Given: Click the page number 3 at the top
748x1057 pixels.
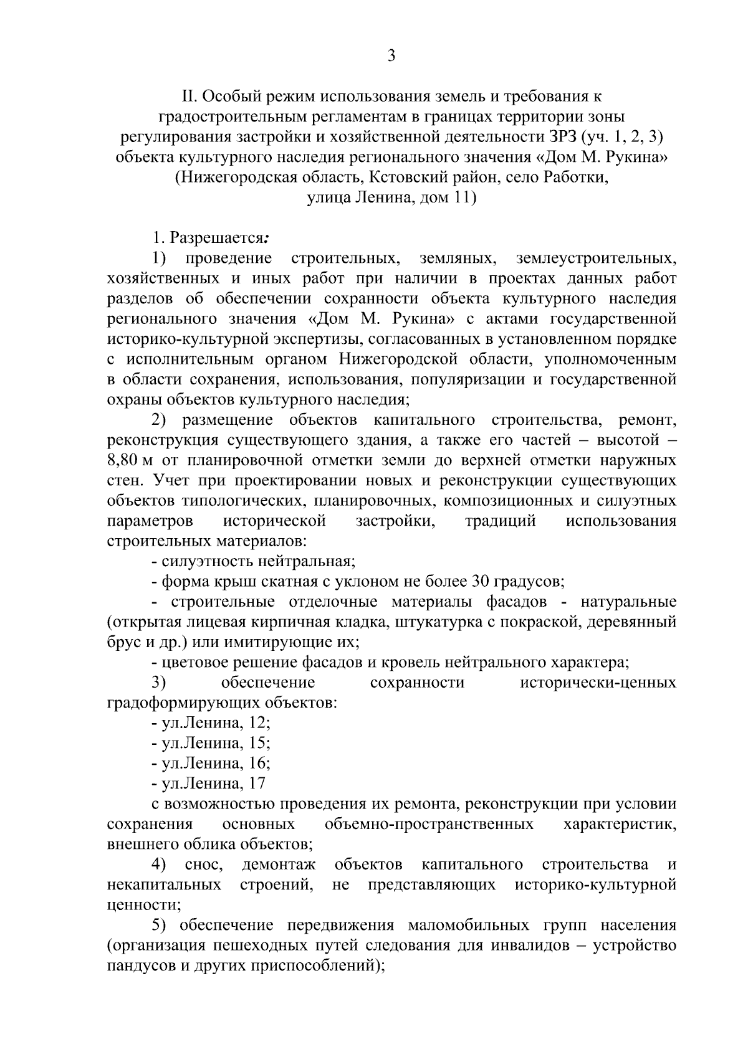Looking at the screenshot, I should click(391, 56).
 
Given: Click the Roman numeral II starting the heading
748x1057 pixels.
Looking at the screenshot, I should click(188, 97).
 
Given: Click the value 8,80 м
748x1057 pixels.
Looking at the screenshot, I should click(130, 461).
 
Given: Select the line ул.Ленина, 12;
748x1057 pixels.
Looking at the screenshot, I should click(211, 724).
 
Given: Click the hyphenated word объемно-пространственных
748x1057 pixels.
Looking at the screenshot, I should click(429, 825).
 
